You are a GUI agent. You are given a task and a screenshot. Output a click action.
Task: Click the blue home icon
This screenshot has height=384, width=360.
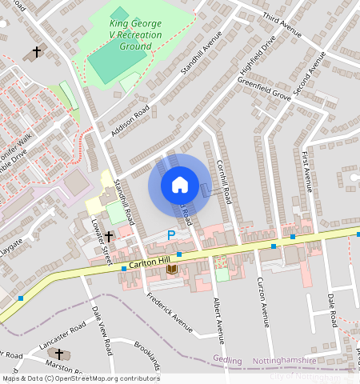tap(180, 185)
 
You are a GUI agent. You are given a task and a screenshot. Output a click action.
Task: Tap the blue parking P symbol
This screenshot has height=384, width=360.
tap(170, 235)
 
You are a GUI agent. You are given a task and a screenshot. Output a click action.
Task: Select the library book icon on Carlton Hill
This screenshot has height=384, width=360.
tap(171, 270)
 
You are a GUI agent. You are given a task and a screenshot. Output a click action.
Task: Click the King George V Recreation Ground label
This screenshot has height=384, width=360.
tap(135, 35)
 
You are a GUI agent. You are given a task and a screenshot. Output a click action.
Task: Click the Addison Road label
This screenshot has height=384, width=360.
tap(130, 119)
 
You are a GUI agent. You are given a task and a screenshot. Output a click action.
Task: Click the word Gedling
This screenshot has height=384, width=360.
tap(228, 360)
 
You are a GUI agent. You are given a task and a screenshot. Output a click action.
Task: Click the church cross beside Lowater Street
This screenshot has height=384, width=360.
tap(109, 237)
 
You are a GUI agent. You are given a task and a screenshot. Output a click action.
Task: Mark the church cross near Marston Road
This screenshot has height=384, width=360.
tap(58, 353)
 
